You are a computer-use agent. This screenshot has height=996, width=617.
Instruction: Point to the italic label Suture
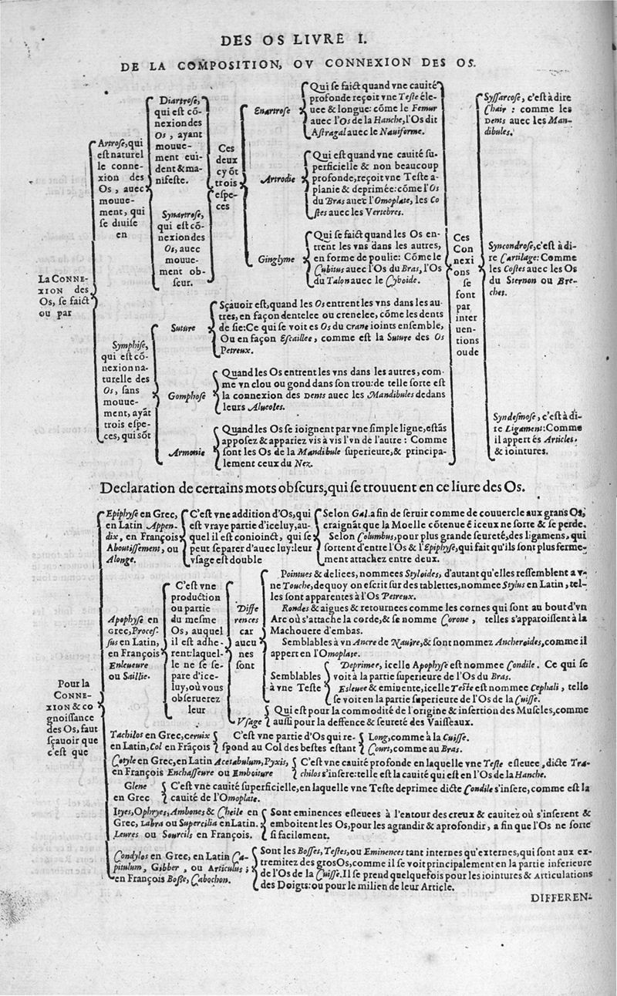(183, 328)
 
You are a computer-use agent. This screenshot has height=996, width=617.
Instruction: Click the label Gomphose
(184, 396)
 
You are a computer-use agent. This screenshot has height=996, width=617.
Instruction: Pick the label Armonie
(184, 455)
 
